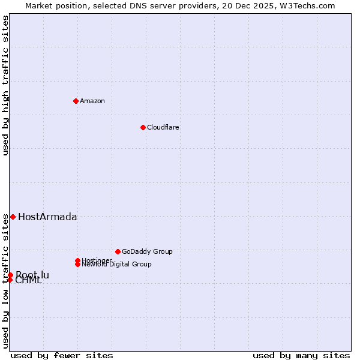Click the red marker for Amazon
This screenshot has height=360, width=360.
[76, 101]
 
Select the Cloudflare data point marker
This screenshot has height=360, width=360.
[143, 127]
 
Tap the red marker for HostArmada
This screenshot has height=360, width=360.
[13, 217]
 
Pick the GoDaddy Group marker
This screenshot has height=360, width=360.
[118, 251]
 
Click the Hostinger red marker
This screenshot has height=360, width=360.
[77, 260]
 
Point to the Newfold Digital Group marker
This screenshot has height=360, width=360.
[77, 264]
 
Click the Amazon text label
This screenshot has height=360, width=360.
[92, 101]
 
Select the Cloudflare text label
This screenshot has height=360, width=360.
[163, 127]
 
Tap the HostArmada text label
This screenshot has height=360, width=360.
[47, 217]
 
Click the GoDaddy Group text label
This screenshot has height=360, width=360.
[147, 251]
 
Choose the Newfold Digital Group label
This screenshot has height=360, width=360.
[116, 264]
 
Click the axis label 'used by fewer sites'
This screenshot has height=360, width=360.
[62, 355]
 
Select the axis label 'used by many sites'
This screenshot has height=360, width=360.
[301, 355]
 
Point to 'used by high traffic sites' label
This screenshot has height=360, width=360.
[5, 85]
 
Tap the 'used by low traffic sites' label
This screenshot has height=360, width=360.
[5, 281]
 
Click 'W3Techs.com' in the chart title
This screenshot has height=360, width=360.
[311, 5]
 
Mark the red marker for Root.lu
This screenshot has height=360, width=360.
[10, 275]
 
